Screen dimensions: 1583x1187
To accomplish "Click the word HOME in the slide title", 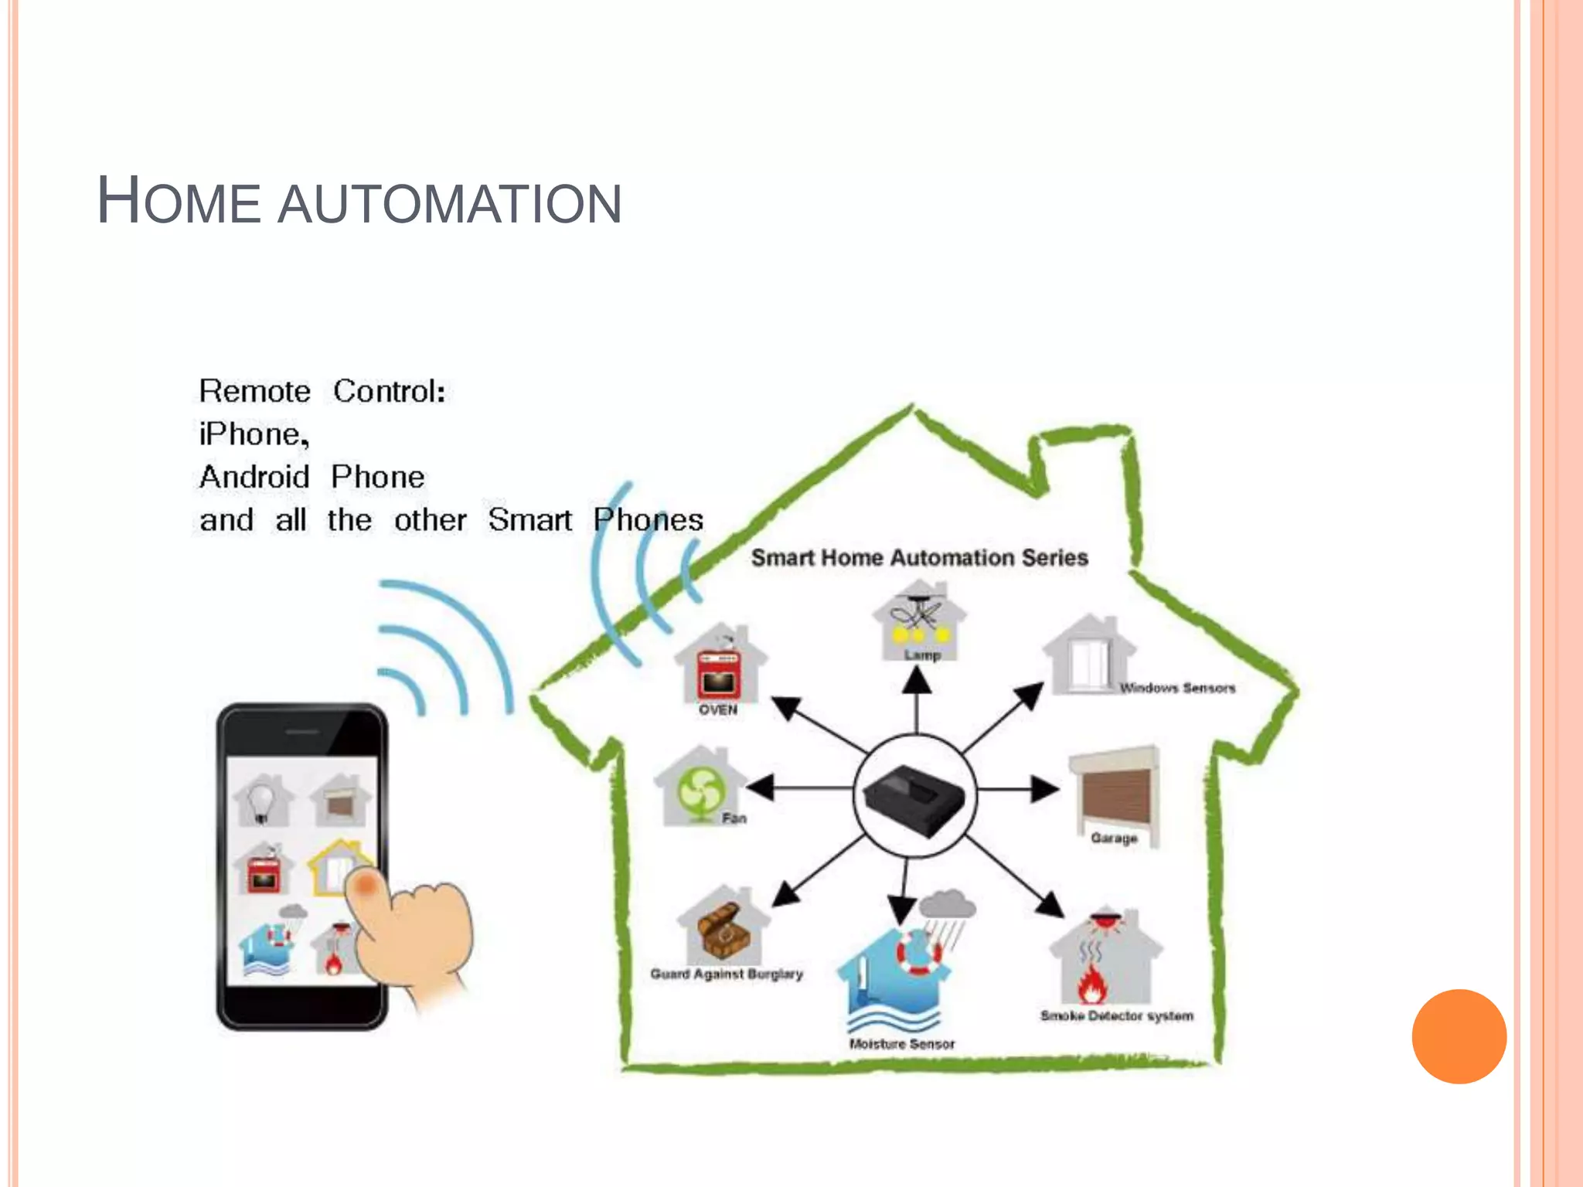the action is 179,202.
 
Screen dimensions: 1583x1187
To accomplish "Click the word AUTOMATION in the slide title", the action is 449,205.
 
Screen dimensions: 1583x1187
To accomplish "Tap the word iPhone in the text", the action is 254,434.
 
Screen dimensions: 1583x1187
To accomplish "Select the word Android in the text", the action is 254,477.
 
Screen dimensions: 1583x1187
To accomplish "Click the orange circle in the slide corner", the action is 1459,1036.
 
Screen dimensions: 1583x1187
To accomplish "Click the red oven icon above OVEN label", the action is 720,674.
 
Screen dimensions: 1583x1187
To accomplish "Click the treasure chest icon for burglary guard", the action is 723,931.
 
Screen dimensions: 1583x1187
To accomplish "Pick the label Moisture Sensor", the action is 902,1044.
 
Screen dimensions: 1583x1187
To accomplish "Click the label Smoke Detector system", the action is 1117,1015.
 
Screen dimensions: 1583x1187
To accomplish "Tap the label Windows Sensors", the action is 1177,688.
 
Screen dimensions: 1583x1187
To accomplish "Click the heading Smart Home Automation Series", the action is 919,558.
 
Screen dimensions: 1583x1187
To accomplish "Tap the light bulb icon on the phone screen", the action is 262,800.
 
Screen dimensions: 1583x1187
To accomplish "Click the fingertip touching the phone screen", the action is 365,883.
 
